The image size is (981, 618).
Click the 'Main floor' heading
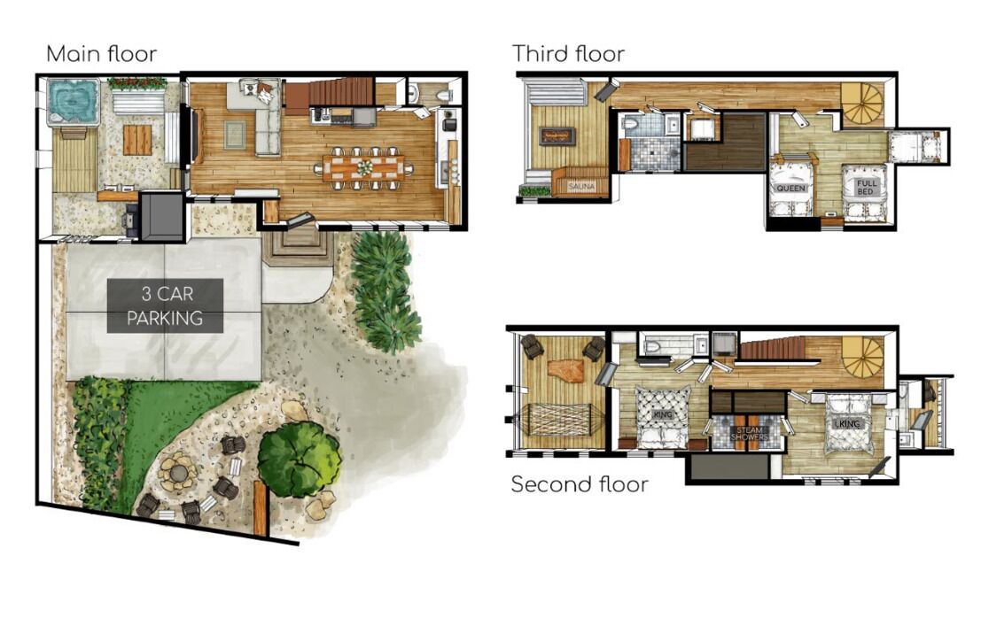click(x=101, y=54)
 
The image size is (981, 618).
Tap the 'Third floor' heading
click(x=568, y=54)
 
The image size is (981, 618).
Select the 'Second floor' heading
click(x=580, y=484)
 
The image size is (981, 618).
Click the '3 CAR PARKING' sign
click(x=165, y=305)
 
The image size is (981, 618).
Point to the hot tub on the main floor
click(x=74, y=102)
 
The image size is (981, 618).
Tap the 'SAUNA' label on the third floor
click(x=581, y=186)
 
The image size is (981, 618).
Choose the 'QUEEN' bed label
click(x=790, y=188)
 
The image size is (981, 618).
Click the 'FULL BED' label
click(x=866, y=187)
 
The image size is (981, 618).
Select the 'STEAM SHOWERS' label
click(x=749, y=433)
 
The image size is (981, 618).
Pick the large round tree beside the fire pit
click(x=299, y=460)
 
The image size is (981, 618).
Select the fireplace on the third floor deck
click(x=557, y=136)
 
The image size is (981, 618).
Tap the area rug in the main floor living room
click(x=235, y=135)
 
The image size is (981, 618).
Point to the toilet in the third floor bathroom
click(x=631, y=124)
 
